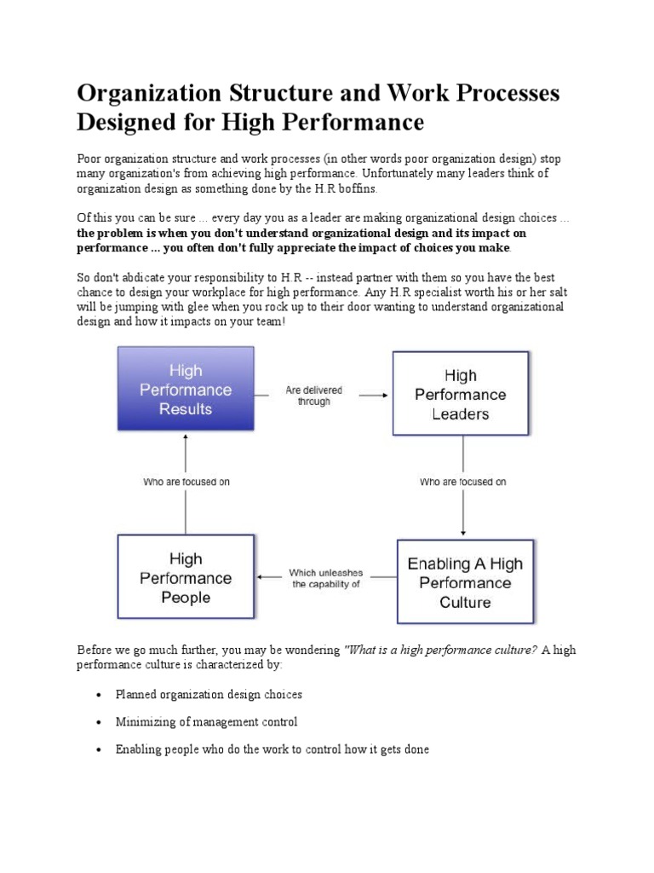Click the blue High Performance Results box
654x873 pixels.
point(185,389)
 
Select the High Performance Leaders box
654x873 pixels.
point(461,394)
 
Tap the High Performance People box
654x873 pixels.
point(185,576)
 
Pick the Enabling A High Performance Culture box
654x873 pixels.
point(465,582)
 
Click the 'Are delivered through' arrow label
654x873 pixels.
point(313,396)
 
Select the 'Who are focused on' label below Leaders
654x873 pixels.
point(463,482)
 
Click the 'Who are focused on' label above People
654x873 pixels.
point(186,482)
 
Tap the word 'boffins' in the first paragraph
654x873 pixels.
point(328,188)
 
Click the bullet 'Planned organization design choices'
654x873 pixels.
point(209,694)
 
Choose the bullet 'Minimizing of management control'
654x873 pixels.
point(206,722)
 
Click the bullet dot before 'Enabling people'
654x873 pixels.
point(100,750)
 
